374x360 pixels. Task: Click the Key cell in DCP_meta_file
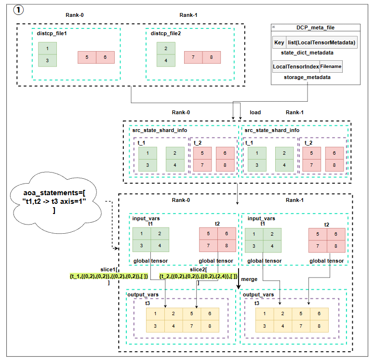(x=279, y=42)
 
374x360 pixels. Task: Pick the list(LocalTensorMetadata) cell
(x=322, y=42)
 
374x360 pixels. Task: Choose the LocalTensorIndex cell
(x=296, y=67)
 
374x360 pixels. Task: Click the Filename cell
(x=331, y=67)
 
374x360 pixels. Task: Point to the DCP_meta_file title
(x=316, y=27)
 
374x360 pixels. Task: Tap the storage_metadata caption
(x=307, y=77)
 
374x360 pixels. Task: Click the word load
(x=255, y=112)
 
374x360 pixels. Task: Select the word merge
(x=249, y=279)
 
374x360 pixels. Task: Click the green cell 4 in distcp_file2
(x=166, y=61)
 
